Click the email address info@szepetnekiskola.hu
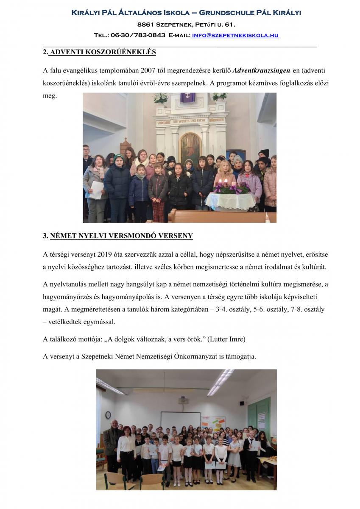coord(235,35)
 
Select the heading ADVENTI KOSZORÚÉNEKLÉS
coord(102,52)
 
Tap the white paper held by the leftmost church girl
coord(97,190)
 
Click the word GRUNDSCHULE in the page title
coord(227,13)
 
